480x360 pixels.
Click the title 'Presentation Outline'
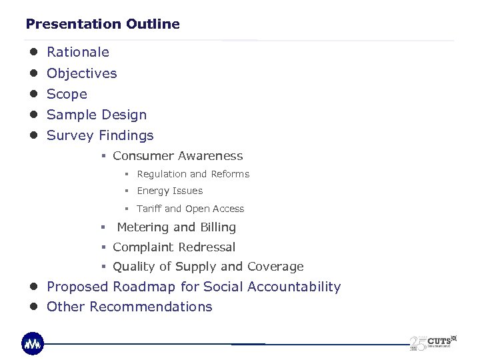tap(103, 24)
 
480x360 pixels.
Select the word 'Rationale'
tap(78, 52)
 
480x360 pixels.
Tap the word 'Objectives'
tap(82, 73)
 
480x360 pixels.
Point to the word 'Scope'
tap(67, 94)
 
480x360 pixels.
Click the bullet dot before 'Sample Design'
tap(33, 115)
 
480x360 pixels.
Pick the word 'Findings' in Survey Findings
tap(126, 135)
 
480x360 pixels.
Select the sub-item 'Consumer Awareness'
tap(178, 156)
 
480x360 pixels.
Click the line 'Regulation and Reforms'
tap(193, 174)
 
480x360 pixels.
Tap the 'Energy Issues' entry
tap(169, 191)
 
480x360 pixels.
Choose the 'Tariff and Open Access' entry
tap(191, 209)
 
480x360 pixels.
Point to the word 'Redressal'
tap(205, 247)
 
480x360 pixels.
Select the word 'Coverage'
tap(275, 267)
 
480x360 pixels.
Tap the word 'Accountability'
tap(294, 287)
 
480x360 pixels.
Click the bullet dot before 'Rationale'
tap(33, 52)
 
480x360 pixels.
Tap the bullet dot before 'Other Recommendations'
tap(33, 307)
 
